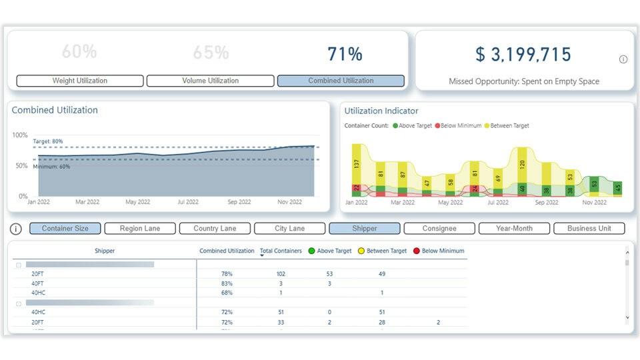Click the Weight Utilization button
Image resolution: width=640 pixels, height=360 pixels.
[x=79, y=81]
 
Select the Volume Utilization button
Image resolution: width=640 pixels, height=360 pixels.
[x=210, y=81]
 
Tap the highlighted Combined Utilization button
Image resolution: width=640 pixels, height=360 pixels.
[x=341, y=81]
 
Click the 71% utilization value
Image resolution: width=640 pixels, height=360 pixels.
[x=345, y=55]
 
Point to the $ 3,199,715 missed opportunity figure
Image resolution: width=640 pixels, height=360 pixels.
[x=523, y=55]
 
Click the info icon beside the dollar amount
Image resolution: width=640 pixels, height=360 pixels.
[x=623, y=59]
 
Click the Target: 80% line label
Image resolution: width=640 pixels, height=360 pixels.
[x=48, y=141]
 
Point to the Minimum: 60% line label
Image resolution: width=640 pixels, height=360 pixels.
[x=51, y=167]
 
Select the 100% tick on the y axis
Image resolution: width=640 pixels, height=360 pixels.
[x=20, y=135]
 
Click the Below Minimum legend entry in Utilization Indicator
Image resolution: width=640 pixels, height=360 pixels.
[x=458, y=125]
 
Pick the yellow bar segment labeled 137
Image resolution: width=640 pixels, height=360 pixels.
[x=357, y=163]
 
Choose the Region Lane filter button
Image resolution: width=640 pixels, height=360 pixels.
[x=140, y=229]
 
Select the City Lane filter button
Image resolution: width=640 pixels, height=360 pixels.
[x=289, y=229]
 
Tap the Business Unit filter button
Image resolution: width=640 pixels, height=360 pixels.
[x=589, y=229]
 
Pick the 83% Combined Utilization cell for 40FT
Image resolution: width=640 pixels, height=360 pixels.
[x=227, y=283]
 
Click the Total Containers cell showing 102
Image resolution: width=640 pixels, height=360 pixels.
[x=280, y=274]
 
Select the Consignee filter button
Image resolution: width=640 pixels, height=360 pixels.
[x=439, y=229]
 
